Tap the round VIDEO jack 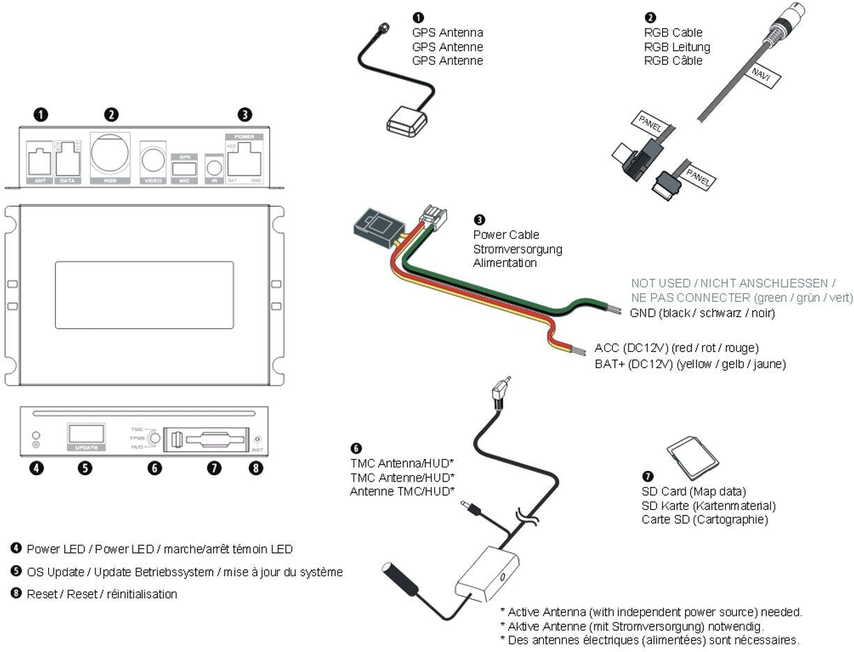pyautogui.click(x=153, y=160)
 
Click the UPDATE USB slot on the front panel pyautogui.click(x=86, y=433)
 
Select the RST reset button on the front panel pyautogui.click(x=258, y=439)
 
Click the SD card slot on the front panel pyautogui.click(x=208, y=440)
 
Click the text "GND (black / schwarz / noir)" pyautogui.click(x=702, y=313)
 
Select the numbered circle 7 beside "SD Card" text pyautogui.click(x=648, y=476)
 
